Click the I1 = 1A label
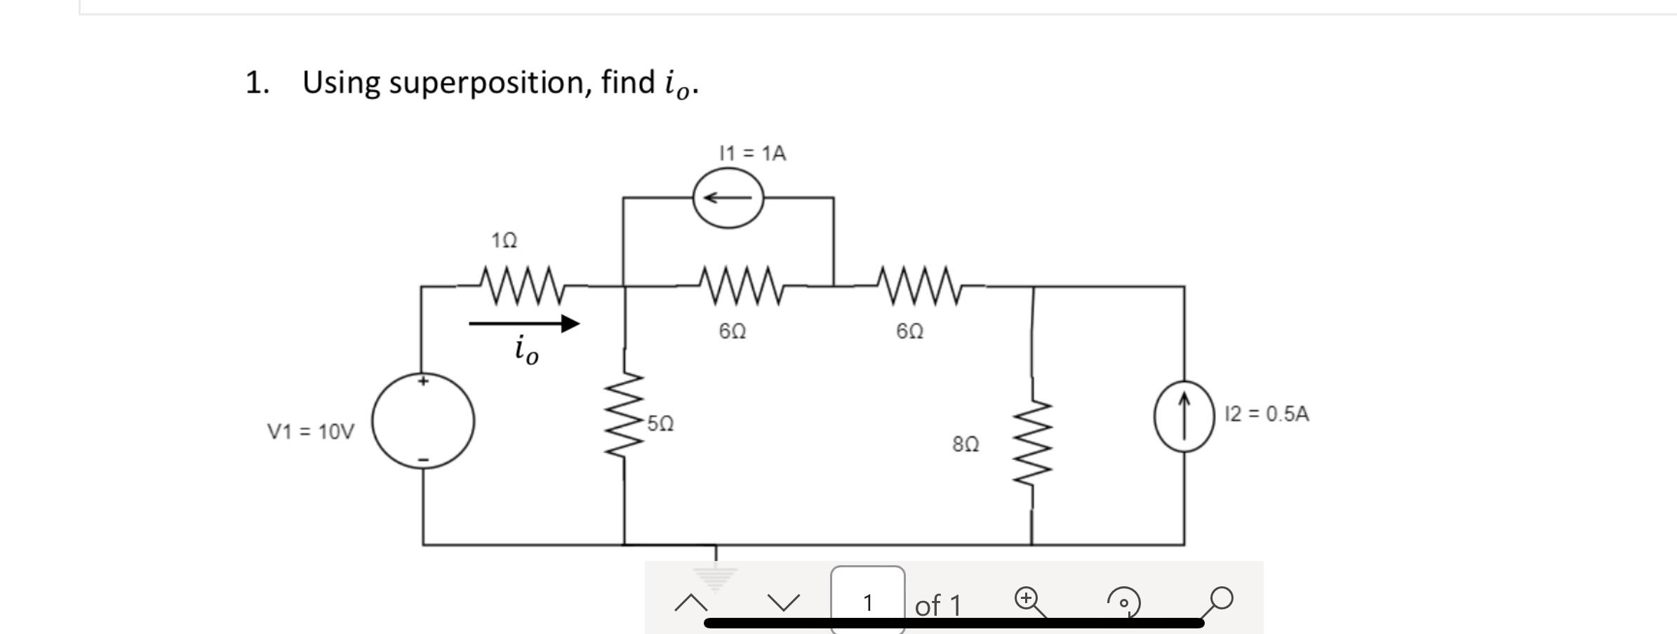coord(752,153)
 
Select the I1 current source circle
coord(728,198)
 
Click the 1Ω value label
coord(504,241)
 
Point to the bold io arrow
coord(525,324)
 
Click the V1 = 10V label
coord(311,431)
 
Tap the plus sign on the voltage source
coord(422,381)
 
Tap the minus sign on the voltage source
coord(423,460)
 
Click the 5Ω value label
coord(660,423)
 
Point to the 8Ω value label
coord(966,444)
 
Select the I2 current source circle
coord(1184,415)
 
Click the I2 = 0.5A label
coord(1267,414)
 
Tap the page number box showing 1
coord(868,601)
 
